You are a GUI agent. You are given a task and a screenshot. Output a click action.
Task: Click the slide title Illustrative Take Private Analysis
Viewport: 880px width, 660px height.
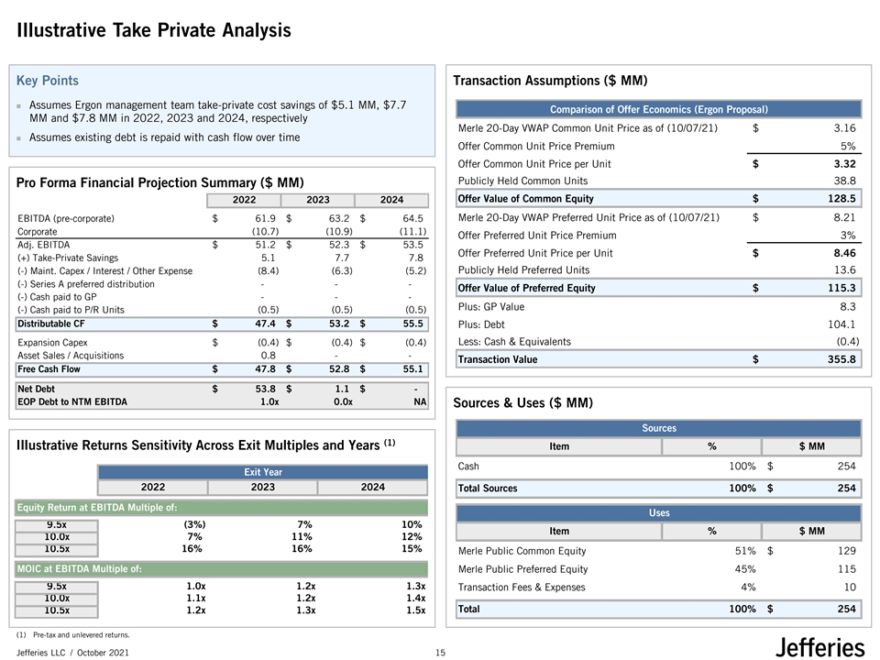coord(154,31)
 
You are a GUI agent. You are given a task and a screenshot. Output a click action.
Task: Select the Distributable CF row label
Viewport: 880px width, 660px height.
coord(51,324)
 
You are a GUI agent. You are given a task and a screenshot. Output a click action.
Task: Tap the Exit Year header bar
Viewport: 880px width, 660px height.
coord(263,472)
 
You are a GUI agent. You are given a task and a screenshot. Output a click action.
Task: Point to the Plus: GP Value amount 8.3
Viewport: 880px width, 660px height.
coord(847,306)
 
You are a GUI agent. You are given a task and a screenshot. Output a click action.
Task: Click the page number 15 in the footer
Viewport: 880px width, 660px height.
coord(440,652)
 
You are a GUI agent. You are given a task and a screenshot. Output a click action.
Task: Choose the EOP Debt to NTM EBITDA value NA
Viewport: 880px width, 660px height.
coord(420,401)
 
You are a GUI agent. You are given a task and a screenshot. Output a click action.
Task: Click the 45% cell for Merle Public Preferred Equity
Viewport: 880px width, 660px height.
coord(743,569)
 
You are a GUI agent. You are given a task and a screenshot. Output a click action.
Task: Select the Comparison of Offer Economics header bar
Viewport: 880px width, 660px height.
coord(658,110)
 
